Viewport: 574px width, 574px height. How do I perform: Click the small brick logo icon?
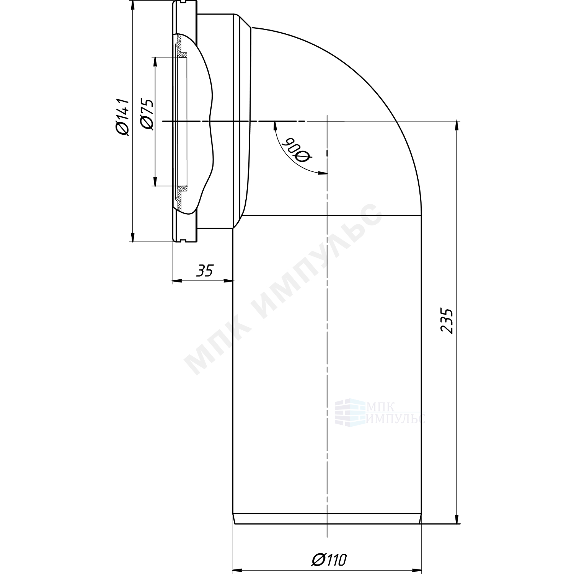pyautogui.click(x=349, y=412)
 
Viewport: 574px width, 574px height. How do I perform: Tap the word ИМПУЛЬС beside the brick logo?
pyautogui.click(x=395, y=418)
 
